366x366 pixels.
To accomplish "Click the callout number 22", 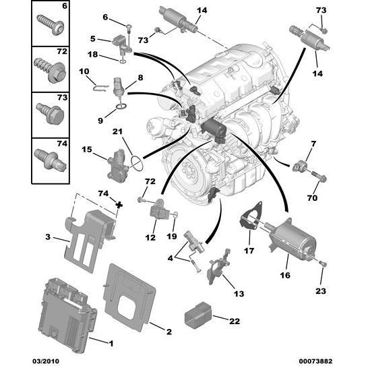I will (234, 321).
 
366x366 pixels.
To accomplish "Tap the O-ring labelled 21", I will (138, 162).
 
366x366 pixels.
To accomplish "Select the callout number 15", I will (86, 150).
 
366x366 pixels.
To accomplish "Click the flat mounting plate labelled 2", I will (131, 294).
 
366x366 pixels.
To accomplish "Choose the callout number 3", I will (47, 237).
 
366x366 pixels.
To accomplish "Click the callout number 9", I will (100, 121).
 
